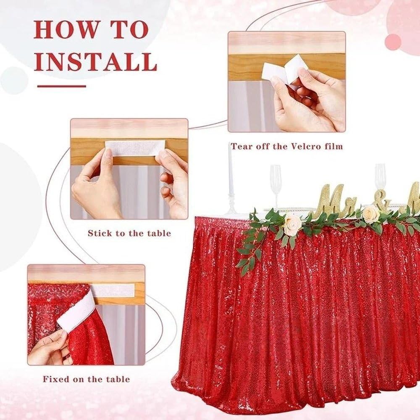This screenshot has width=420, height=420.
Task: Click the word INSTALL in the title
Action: (x=95, y=62)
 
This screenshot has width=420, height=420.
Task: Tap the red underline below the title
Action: (x=62, y=86)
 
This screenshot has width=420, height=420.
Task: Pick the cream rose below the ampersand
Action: (x=371, y=214)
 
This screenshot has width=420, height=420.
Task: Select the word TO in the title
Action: (x=130, y=29)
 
